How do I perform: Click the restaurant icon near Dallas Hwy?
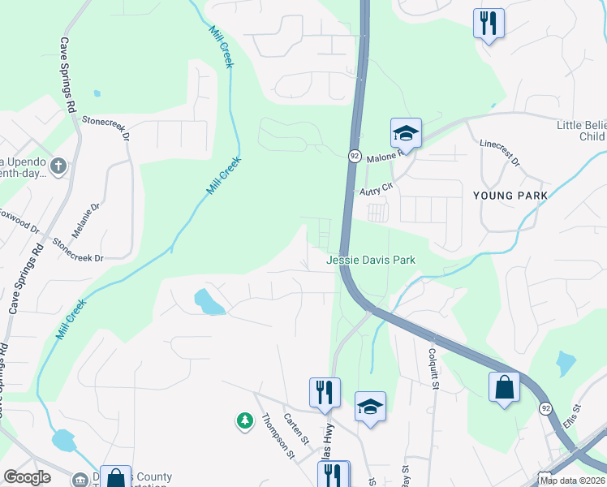click(x=325, y=393)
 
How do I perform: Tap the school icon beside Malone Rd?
click(x=406, y=132)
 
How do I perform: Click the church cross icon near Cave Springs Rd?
click(x=58, y=166)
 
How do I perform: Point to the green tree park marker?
click(x=244, y=420)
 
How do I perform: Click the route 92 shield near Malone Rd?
click(x=355, y=155)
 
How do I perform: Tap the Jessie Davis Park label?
click(x=371, y=260)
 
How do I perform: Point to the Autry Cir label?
click(x=377, y=189)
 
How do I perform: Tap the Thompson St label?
click(x=278, y=436)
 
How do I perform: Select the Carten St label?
click(x=297, y=429)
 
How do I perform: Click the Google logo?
click(x=27, y=477)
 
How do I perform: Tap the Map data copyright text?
click(x=572, y=481)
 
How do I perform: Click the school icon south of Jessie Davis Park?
click(x=370, y=407)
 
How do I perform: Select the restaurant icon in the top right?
click(x=489, y=24)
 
